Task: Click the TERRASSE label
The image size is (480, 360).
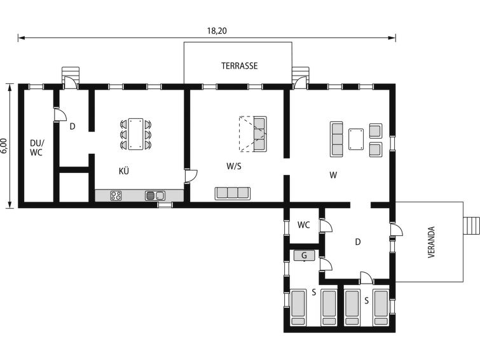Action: click(240, 66)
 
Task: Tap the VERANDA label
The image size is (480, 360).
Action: click(431, 242)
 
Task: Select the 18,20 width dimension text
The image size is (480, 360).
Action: click(217, 31)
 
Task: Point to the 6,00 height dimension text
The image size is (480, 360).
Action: click(3, 146)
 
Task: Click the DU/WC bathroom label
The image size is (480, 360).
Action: click(37, 148)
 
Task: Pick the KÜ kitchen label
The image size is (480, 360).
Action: click(124, 171)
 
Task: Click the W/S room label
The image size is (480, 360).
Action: click(234, 166)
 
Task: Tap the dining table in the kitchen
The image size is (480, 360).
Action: click(135, 134)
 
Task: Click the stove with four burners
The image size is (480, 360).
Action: click(116, 195)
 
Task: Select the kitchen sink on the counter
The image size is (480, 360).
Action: click(155, 195)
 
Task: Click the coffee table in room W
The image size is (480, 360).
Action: click(356, 139)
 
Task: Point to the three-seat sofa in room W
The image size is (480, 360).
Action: click(336, 139)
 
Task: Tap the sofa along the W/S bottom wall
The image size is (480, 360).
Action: click(232, 193)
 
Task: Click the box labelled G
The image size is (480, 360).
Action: click(305, 256)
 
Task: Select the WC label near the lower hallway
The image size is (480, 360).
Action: click(303, 225)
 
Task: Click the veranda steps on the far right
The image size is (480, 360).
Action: click(472, 226)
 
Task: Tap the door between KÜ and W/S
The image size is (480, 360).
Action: click(191, 176)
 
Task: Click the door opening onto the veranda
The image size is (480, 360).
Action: click(397, 230)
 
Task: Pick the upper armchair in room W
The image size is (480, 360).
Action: click(376, 131)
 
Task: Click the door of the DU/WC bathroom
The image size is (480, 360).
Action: click(60, 114)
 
